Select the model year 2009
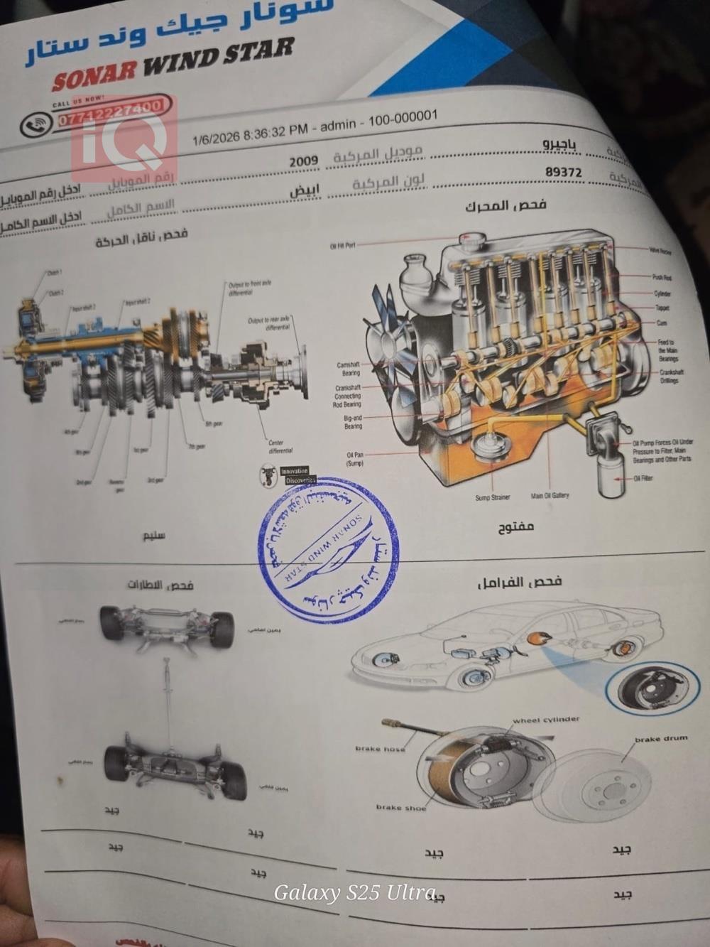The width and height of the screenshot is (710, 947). tap(303, 161)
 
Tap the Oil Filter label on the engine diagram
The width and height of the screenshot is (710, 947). tap(641, 478)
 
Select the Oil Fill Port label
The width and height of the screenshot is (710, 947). tap(343, 246)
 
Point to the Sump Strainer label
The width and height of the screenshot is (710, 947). tap(492, 497)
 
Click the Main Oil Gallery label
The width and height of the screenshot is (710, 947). tap(550, 495)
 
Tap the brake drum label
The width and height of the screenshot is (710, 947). tap(660, 739)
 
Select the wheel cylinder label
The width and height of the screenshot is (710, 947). tap(546, 720)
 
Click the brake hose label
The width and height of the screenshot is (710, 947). tap(380, 749)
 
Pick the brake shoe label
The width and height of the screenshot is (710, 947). tap(401, 807)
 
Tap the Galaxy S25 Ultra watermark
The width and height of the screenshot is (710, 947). tap(354, 892)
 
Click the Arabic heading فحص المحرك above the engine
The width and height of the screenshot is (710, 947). tap(506, 206)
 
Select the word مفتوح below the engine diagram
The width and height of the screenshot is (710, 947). tap(516, 527)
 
